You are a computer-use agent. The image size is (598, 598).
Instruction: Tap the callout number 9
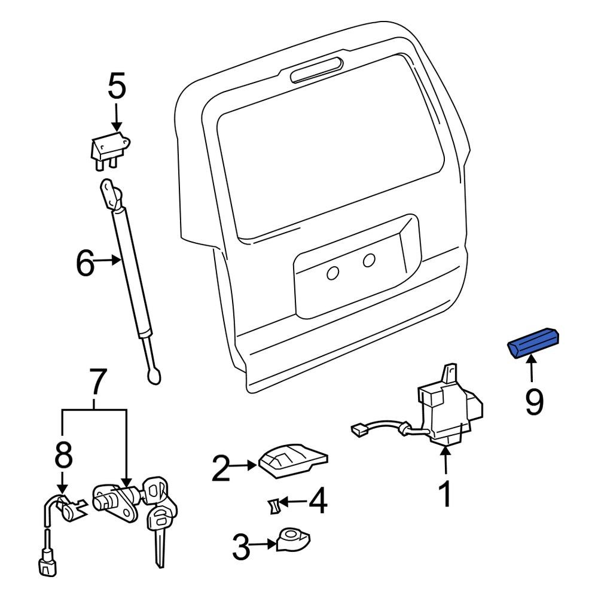[534, 401]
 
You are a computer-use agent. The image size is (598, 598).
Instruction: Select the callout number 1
[445, 495]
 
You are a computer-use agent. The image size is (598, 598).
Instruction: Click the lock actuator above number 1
[448, 407]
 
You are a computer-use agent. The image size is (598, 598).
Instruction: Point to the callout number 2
[221, 468]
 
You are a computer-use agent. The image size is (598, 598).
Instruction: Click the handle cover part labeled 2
[293, 460]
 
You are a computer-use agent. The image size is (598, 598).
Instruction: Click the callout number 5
[117, 87]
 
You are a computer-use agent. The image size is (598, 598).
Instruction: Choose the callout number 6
[85, 263]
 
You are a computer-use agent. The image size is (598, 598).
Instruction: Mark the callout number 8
[64, 456]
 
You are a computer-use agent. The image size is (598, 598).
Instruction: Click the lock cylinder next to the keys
[114, 499]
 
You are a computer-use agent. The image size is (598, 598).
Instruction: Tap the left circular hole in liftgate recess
[332, 273]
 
